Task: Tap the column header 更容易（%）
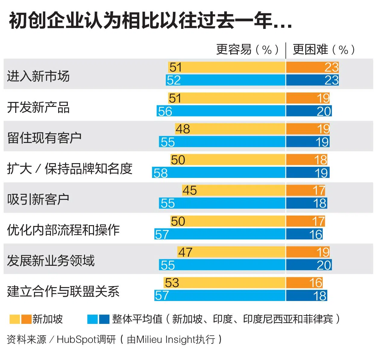pos(248,49)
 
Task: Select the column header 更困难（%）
pos(324,49)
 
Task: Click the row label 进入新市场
pos(38,76)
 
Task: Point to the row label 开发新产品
pos(38,107)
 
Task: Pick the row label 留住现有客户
pos(44,138)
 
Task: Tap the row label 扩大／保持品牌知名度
pos(70,169)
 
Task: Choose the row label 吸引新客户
pos(38,199)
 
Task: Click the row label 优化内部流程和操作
pos(63,230)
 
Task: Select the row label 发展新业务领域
pos(51,261)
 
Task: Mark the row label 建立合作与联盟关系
pos(63,291)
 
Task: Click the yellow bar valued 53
pos(225,283)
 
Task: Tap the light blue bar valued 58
pos(218,173)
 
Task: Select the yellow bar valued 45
pos(234,190)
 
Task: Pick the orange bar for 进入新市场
pos(312,67)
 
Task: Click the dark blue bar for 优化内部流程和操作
pos(304,234)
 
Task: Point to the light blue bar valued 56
pos(221,111)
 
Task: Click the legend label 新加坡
pos(48,319)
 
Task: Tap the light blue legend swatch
pos(93,319)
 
